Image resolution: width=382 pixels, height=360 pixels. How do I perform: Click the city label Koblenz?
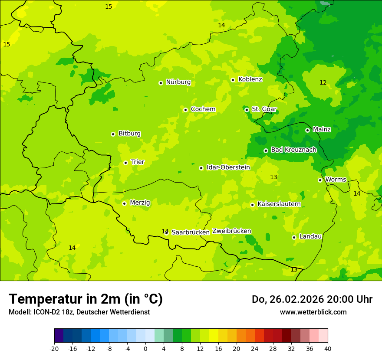[x=250, y=79]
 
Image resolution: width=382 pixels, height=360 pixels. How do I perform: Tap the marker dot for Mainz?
[x=307, y=130]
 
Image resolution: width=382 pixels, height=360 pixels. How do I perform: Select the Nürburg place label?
[x=178, y=82]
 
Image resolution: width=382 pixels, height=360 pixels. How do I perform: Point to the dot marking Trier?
[x=125, y=163]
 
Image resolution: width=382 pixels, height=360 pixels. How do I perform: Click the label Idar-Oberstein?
[x=228, y=167]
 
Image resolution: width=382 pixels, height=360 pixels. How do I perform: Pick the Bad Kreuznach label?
[x=293, y=150]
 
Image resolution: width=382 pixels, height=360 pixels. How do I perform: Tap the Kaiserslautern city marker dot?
[x=252, y=205]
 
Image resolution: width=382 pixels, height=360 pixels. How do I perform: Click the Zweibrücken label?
[x=231, y=231]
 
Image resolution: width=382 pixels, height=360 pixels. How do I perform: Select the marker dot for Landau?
[x=294, y=237]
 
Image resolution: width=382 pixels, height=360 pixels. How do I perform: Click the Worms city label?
[x=336, y=180]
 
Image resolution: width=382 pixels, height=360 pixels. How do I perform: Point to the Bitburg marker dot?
[x=113, y=134]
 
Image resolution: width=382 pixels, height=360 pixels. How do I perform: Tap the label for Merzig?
[x=140, y=203]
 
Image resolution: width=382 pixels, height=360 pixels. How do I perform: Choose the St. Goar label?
[x=264, y=109]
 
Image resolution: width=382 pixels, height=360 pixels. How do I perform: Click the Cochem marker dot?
[x=185, y=110]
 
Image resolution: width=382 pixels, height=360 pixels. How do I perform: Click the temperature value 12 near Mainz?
[x=323, y=83]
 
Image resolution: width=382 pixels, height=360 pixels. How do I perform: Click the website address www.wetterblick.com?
[x=313, y=312]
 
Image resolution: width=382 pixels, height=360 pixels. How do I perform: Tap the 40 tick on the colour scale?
[x=328, y=348]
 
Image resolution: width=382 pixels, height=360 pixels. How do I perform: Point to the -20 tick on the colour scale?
[x=54, y=348]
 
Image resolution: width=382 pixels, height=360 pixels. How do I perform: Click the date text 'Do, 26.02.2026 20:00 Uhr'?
[x=312, y=299]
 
